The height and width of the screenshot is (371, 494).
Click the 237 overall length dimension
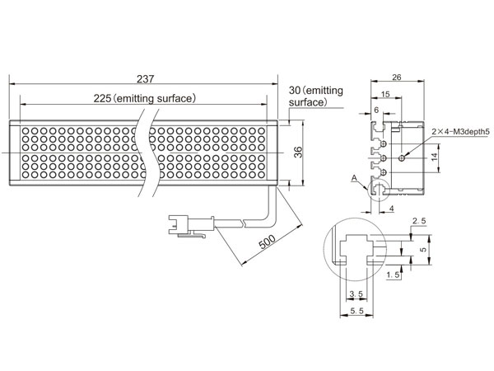[x=145, y=79]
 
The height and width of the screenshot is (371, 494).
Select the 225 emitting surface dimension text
[x=145, y=98]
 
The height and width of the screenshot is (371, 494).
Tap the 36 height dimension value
[x=298, y=153]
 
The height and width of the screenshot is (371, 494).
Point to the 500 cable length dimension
[x=267, y=242]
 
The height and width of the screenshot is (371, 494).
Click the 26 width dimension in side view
[x=397, y=77]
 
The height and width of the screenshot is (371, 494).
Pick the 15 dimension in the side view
[x=385, y=94]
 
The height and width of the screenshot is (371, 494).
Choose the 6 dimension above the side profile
[x=376, y=110]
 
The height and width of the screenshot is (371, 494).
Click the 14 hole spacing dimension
[x=435, y=157]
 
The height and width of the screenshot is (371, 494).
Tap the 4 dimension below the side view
[x=392, y=209]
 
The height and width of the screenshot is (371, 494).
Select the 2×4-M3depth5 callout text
[x=460, y=132]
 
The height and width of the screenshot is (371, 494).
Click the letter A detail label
[x=354, y=178]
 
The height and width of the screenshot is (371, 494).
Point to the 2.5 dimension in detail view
[x=419, y=221]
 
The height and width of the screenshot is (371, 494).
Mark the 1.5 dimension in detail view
[x=394, y=275]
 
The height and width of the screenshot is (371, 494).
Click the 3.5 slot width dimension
[x=356, y=294]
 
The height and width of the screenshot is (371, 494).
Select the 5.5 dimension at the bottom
[x=357, y=311]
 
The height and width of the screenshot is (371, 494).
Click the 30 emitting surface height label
[x=316, y=96]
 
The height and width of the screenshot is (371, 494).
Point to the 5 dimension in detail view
[x=424, y=249]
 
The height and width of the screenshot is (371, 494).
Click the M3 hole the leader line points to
[x=402, y=158]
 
